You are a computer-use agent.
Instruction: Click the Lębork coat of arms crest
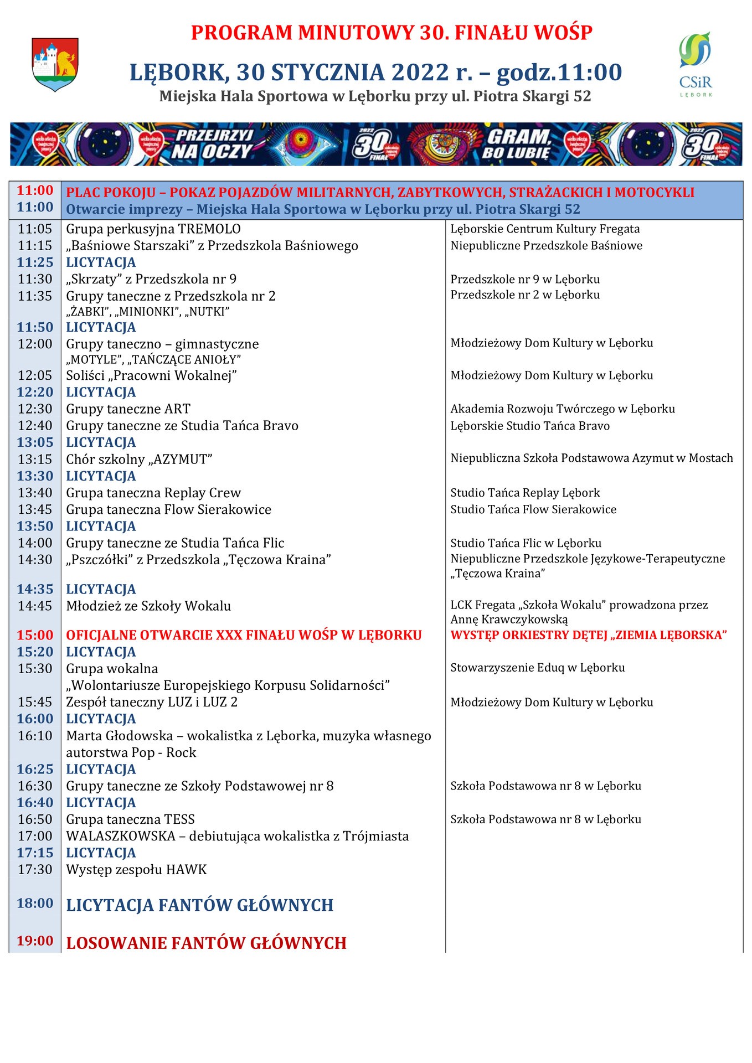[55, 64]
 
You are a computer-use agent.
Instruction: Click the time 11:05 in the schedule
[35, 229]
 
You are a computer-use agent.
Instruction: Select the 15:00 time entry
[35, 635]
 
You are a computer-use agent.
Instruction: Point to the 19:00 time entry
[35, 941]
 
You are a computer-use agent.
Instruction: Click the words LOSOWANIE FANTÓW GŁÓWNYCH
[206, 943]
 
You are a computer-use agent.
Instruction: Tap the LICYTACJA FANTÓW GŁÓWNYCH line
[199, 905]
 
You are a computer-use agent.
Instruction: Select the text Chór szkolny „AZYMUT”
[139, 460]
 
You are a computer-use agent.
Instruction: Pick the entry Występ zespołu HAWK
[136, 870]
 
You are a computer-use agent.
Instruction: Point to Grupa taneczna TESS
[130, 819]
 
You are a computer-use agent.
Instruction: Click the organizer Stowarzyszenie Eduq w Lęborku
[537, 668]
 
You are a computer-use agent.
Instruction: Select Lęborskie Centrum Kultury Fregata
[545, 229]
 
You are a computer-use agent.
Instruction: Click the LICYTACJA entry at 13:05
[101, 443]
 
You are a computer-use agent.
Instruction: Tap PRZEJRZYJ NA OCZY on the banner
[212, 144]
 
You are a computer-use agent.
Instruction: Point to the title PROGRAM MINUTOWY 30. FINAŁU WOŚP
[392, 33]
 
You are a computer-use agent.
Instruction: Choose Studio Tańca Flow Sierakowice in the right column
[533, 509]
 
